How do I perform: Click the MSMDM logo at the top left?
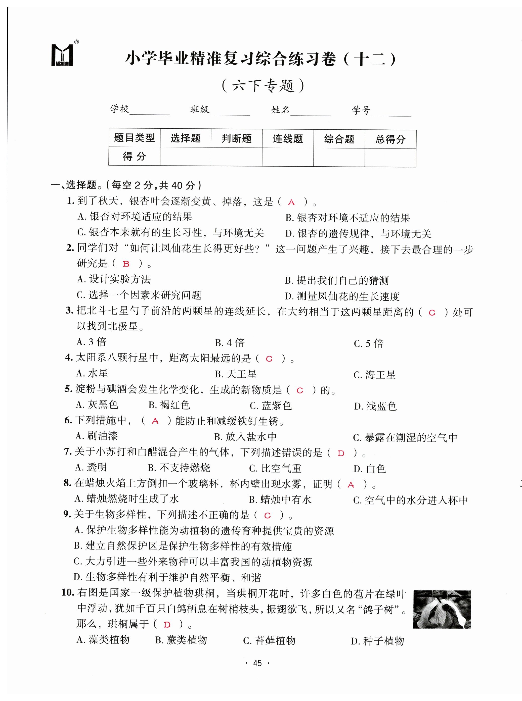click(x=63, y=55)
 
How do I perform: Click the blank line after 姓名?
click(x=310, y=112)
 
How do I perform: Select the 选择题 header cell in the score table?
click(x=186, y=138)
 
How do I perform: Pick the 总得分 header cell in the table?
click(x=390, y=139)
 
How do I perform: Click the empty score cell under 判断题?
click(x=236, y=157)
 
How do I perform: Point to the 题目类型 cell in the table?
click(x=135, y=138)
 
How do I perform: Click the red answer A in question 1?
click(x=291, y=202)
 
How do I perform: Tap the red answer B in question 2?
click(x=126, y=264)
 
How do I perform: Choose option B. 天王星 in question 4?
click(x=236, y=374)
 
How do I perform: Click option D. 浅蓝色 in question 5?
click(x=375, y=406)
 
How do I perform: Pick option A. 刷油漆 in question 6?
click(x=97, y=436)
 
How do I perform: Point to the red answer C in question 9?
click(x=267, y=516)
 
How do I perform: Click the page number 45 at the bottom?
click(x=257, y=663)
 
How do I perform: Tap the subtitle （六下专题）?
click(x=263, y=86)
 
